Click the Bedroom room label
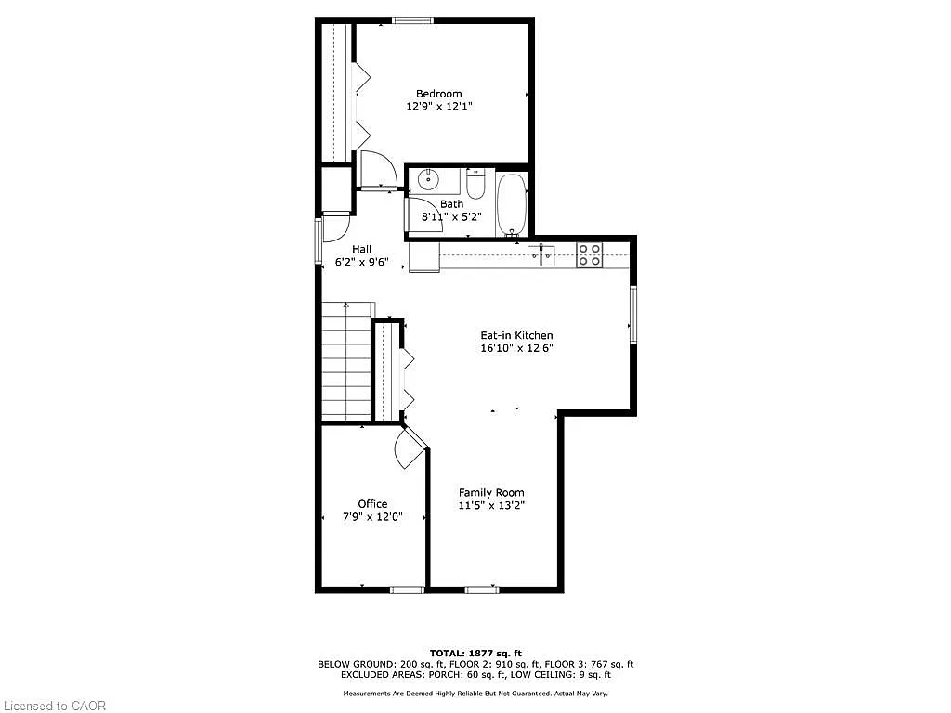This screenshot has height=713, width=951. click(438, 94)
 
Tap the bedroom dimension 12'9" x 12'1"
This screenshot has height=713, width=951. click(438, 107)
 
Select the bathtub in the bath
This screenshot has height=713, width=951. click(511, 203)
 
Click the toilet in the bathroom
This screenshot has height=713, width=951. click(475, 184)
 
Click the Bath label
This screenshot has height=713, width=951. click(451, 204)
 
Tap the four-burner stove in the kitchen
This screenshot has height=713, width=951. click(589, 254)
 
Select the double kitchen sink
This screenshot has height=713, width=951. click(541, 254)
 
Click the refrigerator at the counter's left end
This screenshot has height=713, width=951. click(423, 257)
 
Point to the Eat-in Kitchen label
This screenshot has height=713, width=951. click(515, 336)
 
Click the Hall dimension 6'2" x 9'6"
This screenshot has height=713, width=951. click(361, 263)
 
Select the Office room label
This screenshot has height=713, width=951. click(372, 504)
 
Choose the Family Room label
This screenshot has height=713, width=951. click(491, 493)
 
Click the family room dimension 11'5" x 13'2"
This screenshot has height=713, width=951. click(491, 506)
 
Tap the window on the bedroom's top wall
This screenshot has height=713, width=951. click(411, 20)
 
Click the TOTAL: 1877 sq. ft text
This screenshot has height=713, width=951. click(475, 653)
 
